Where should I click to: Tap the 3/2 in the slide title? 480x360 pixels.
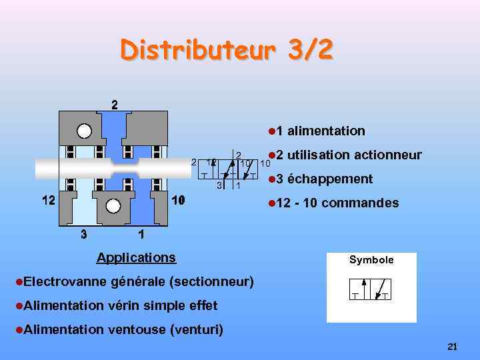[x=308, y=50]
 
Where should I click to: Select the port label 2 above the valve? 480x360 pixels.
[x=115, y=105]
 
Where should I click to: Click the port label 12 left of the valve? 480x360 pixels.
[x=45, y=200]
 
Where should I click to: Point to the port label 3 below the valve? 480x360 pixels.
[x=83, y=234]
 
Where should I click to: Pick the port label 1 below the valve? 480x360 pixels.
[x=140, y=234]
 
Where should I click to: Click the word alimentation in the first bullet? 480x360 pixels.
[x=326, y=131]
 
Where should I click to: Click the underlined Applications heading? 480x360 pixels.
[x=136, y=257]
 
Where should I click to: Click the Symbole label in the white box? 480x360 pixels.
[x=371, y=260]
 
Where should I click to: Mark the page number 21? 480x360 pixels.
[x=453, y=347]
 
